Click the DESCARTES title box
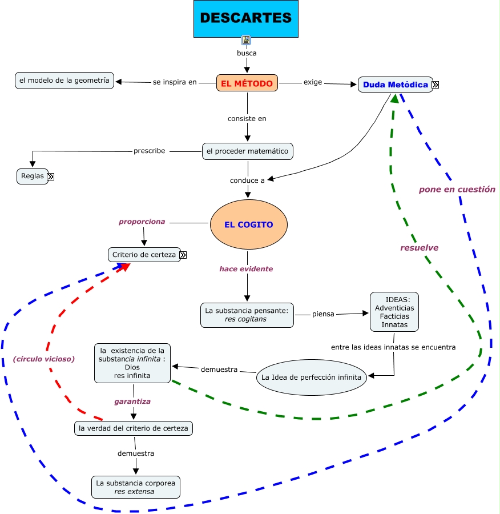246,19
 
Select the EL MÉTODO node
247,83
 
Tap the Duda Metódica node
395,85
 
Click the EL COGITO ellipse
248,224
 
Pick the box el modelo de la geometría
64,81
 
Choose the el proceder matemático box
248,151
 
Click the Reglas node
33,176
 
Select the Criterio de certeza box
144,255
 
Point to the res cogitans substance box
247,315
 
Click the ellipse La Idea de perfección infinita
311,378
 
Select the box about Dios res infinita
132,363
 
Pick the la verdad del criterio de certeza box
133,428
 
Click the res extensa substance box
136,487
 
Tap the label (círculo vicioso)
44,359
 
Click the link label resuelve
419,248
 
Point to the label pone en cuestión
457,190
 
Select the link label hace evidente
246,269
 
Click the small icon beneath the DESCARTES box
246,40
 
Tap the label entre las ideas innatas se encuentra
393,347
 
